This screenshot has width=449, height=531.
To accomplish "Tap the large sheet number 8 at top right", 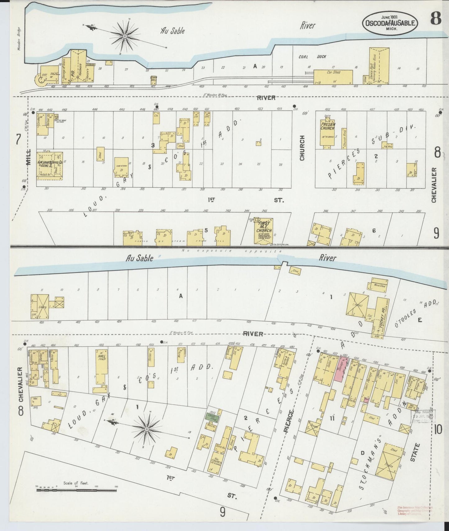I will [x=436, y=19].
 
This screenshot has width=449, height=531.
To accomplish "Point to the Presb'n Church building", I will [x=328, y=134].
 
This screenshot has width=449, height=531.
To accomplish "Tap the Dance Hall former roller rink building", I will [x=379, y=66].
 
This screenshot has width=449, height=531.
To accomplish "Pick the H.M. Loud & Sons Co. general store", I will [x=50, y=166].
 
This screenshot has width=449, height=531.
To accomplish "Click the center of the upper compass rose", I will [x=125, y=36].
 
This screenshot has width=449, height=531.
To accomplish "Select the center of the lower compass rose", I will [x=146, y=429].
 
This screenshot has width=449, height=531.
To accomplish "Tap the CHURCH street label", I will [x=302, y=148].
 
